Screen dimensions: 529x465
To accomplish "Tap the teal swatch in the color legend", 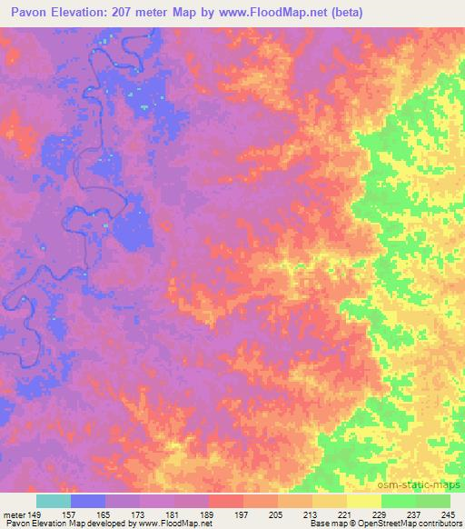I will click(54, 501).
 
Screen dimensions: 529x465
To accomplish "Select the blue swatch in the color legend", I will click(88, 501).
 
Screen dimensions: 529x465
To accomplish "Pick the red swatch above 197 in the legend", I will click(226, 501).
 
